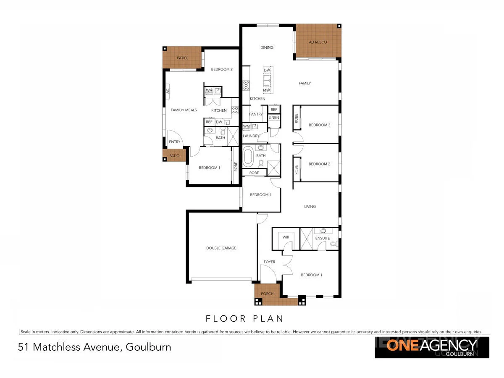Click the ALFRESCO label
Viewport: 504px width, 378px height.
click(318, 42)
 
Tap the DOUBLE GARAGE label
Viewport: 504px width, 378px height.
click(221, 248)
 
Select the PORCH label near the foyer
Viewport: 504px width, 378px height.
click(267, 294)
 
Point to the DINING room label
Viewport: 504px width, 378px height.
click(267, 47)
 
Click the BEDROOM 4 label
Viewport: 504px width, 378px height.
click(260, 195)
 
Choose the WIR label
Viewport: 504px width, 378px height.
click(286, 237)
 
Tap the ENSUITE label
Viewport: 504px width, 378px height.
click(323, 239)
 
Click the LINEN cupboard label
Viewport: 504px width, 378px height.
click(274, 118)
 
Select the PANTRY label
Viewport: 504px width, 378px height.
click(256, 114)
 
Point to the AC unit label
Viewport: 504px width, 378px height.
click(167, 90)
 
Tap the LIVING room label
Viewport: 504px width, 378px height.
click(310, 207)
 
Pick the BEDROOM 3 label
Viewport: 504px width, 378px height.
click(320, 125)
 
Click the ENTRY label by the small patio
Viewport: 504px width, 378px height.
click(175, 142)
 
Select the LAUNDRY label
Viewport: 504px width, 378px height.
click(251, 136)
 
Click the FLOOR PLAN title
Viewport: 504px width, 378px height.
click(245, 318)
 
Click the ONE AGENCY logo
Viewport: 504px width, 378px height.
click(432, 347)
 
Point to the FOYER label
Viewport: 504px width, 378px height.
click(269, 262)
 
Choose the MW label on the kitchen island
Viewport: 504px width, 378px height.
click(266, 90)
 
